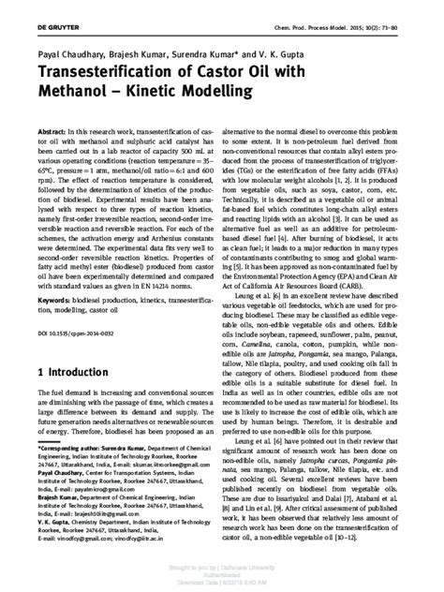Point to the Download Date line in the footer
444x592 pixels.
tap(224, 584)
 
